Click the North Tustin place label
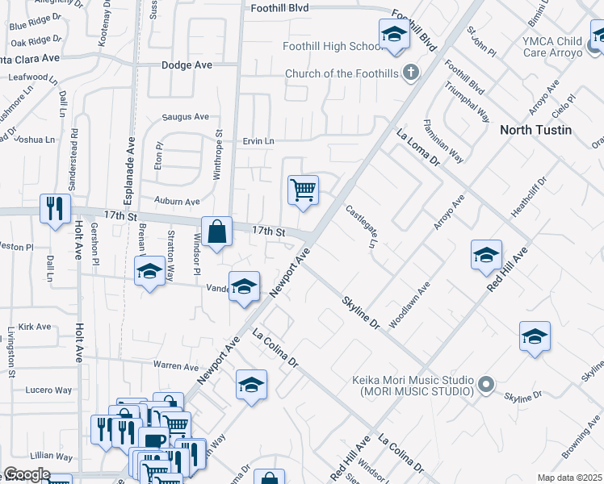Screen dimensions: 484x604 pyautogui.click(x=535, y=130)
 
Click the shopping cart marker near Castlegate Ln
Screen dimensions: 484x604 pyautogui.click(x=303, y=190)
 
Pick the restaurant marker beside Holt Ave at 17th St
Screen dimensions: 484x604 pyautogui.click(x=55, y=209)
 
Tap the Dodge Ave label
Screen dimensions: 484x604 pyautogui.click(x=187, y=65)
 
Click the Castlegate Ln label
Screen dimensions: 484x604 pyautogui.click(x=362, y=227)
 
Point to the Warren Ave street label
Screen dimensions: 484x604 pyautogui.click(x=176, y=366)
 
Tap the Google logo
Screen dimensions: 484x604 pyautogui.click(x=27, y=474)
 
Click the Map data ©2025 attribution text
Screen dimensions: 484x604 pyautogui.click(x=570, y=478)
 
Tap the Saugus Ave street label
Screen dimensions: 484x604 pyautogui.click(x=185, y=116)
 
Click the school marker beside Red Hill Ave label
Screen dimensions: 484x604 pyautogui.click(x=486, y=256)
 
